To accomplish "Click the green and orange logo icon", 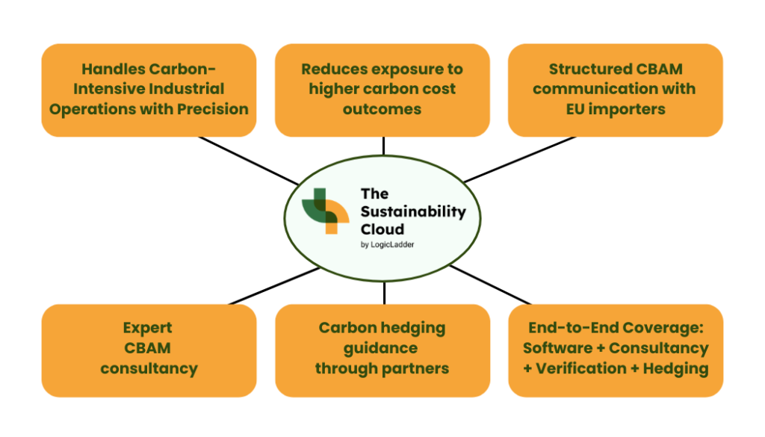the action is point(326,211).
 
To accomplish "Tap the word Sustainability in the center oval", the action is point(413,212).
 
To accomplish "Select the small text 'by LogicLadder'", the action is point(388,244).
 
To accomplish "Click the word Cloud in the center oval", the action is point(382,229).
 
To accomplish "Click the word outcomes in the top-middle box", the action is point(382,109).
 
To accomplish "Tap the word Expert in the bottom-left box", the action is point(147,328).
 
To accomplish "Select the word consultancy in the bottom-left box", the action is point(149,368).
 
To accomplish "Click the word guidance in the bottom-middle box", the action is point(380,348).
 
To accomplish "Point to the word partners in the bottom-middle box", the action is point(415,369).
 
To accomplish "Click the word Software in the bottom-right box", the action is point(557,348).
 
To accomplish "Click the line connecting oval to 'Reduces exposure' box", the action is point(383,146).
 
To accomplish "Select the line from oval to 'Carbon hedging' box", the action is point(385,293).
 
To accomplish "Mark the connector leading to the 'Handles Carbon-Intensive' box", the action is point(248,161).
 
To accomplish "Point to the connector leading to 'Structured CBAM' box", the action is point(520,159).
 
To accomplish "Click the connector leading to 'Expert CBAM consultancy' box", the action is point(274,286).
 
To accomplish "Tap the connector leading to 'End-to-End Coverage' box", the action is point(490,285).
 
